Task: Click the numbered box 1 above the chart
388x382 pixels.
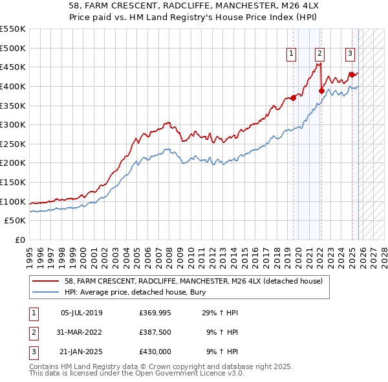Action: [292, 54]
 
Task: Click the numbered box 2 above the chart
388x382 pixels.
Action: [320, 54]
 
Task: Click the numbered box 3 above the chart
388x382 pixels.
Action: [350, 54]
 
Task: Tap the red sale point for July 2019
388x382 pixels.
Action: [293, 98]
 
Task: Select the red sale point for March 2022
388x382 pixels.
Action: [321, 91]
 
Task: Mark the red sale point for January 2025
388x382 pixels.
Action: [352, 74]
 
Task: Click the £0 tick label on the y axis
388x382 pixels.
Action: [21, 240]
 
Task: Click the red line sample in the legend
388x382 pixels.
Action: [45, 281]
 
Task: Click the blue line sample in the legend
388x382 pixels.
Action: [45, 292]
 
